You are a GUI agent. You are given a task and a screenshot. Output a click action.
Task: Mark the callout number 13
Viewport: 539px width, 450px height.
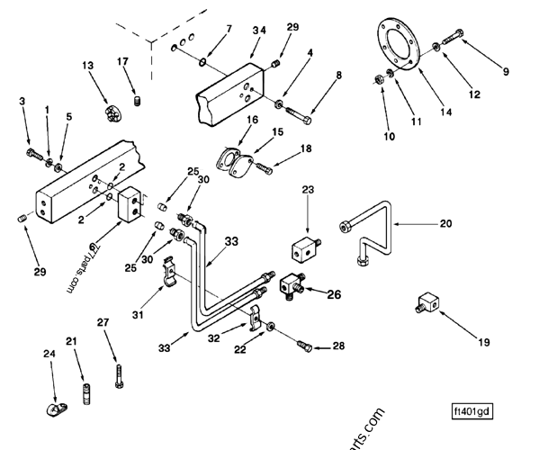pyautogui.click(x=87, y=66)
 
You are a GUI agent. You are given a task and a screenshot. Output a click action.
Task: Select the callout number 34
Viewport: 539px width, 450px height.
pyautogui.click(x=258, y=31)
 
